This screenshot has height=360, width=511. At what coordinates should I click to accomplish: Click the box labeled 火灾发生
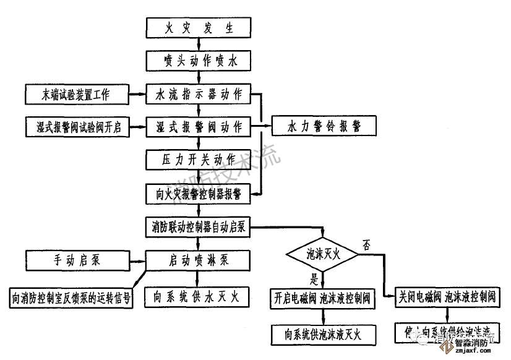[x=198, y=28]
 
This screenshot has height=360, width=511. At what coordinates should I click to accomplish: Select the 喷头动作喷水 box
[x=198, y=61]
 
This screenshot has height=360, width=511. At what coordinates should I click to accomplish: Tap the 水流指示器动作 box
[x=198, y=95]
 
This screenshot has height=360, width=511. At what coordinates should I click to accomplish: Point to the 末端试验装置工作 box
[x=76, y=95]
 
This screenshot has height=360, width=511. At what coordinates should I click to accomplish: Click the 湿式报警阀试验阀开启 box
[x=76, y=127]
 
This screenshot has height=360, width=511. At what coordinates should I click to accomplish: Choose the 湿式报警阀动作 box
[x=198, y=127]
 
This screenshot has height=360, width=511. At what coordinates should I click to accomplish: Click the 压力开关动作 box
[x=198, y=160]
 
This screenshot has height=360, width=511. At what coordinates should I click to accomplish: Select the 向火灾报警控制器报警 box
[x=198, y=194]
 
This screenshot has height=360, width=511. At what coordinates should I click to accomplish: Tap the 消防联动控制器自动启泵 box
[x=198, y=227]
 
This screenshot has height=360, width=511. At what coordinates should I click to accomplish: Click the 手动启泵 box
[x=76, y=260]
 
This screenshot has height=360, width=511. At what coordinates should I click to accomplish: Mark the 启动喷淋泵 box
[x=198, y=260]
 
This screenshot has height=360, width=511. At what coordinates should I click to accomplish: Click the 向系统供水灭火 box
[x=198, y=298]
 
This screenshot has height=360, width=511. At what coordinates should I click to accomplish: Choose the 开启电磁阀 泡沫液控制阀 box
[x=322, y=298]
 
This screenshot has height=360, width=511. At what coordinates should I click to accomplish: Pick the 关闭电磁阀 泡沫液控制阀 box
[x=447, y=298]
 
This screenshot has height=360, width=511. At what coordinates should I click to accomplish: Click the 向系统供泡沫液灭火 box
[x=322, y=334]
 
